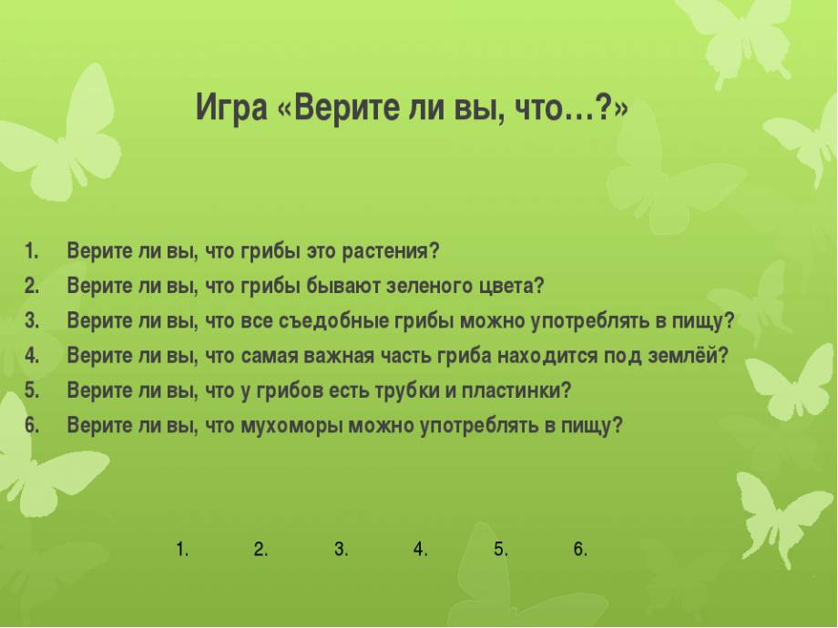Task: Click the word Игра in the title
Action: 230,109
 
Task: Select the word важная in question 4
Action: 339,356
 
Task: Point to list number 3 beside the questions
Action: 32,320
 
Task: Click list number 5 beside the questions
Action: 32,390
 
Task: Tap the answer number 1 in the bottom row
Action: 183,549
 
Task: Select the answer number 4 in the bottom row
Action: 421,549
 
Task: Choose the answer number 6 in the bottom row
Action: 580,549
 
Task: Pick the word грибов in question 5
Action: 289,390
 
